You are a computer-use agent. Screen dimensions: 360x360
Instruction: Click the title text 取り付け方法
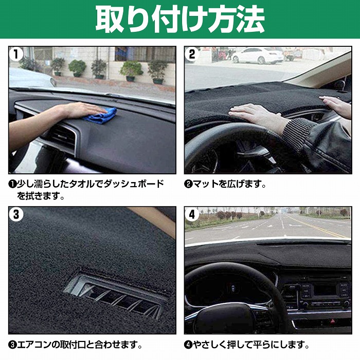(x=179, y=20)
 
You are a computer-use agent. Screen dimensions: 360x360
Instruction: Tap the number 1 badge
(x=17, y=54)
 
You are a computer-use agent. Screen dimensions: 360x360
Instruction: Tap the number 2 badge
(x=192, y=54)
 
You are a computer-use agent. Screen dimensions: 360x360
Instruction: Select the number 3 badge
(x=17, y=214)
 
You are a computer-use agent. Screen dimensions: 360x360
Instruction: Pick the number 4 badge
(x=192, y=214)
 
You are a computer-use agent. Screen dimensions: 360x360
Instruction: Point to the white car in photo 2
(x=257, y=55)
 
